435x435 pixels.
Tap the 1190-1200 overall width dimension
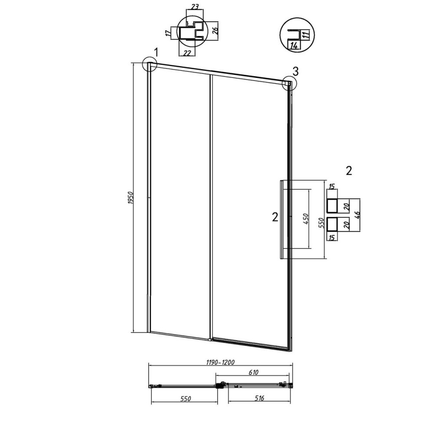click(221, 362)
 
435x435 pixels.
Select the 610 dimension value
click(254, 372)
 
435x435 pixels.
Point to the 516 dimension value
click(259, 398)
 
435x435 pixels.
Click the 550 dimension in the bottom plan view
click(186, 398)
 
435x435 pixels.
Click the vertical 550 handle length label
click(321, 222)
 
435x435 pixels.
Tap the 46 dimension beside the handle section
click(357, 215)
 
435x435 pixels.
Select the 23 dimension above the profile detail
click(195, 7)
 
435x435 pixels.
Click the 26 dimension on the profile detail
click(216, 29)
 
